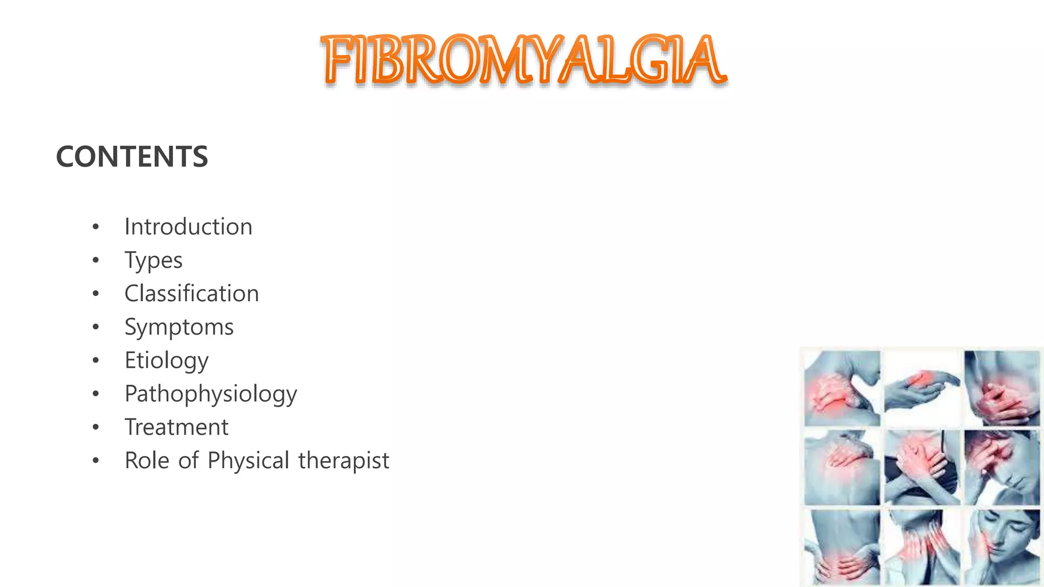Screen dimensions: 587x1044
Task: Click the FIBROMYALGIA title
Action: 524,60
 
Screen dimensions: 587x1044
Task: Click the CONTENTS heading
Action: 132,156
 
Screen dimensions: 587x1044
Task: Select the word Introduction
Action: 188,227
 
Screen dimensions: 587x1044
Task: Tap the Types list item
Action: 153,261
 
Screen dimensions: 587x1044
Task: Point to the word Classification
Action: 192,293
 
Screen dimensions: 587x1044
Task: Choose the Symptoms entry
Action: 179,327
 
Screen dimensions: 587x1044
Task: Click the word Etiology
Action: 167,361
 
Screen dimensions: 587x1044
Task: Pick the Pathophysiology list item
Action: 211,394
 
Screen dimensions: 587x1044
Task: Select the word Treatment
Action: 176,427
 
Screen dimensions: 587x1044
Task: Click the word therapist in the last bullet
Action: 344,461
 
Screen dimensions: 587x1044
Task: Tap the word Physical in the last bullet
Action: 249,461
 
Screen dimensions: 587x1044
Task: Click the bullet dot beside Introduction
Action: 96,227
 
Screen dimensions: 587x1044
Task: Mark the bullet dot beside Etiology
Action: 96,361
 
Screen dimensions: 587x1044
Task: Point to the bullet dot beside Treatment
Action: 96,428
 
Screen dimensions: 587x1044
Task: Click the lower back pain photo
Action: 842,547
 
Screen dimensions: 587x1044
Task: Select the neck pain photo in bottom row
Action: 922,547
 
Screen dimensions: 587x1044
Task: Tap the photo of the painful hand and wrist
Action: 922,388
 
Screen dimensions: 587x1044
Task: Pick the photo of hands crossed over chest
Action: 922,468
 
